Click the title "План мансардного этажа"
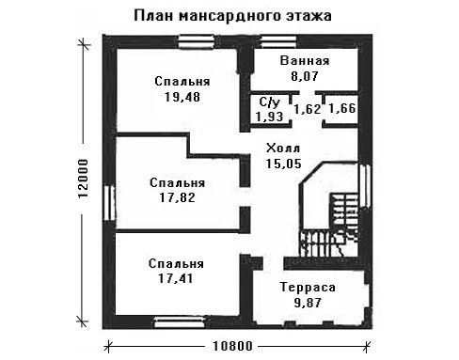tap(232, 16)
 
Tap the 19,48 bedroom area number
tap(182, 97)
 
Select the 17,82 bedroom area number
tap(177, 197)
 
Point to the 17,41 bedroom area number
tap(176, 278)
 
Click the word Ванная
tap(305, 60)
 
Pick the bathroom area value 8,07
tap(305, 76)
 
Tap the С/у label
tap(270, 102)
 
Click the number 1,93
tap(269, 117)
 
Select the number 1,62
tap(308, 109)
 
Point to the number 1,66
tap(342, 108)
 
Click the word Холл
tap(283, 148)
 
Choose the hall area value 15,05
tap(284, 164)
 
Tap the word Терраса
tap(308, 287)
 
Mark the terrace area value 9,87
tap(308, 303)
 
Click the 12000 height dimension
tap(83, 179)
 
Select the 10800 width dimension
tap(232, 346)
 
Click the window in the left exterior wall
tap(109, 203)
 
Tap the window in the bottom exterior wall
tap(180, 322)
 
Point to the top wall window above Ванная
tap(278, 41)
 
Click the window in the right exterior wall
tap(365, 185)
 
